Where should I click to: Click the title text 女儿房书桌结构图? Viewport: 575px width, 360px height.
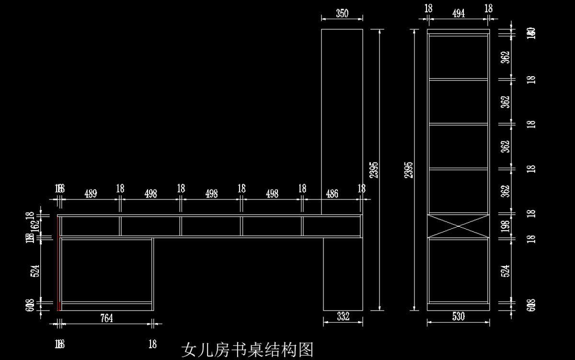tap(247, 350)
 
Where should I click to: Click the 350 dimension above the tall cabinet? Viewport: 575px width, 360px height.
tap(342, 13)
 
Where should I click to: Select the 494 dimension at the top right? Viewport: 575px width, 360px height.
tap(459, 13)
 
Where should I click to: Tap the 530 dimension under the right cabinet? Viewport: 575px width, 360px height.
tap(458, 316)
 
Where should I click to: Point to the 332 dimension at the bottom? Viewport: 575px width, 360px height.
tap(343, 316)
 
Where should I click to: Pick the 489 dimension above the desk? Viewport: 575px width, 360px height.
tap(91, 194)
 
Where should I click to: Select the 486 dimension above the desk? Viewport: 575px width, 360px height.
tap(332, 194)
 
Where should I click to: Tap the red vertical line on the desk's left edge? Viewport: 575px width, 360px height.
tap(58, 264)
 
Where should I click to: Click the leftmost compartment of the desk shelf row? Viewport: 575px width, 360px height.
tap(91, 226)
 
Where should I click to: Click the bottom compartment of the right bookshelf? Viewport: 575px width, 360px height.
tap(458, 270)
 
